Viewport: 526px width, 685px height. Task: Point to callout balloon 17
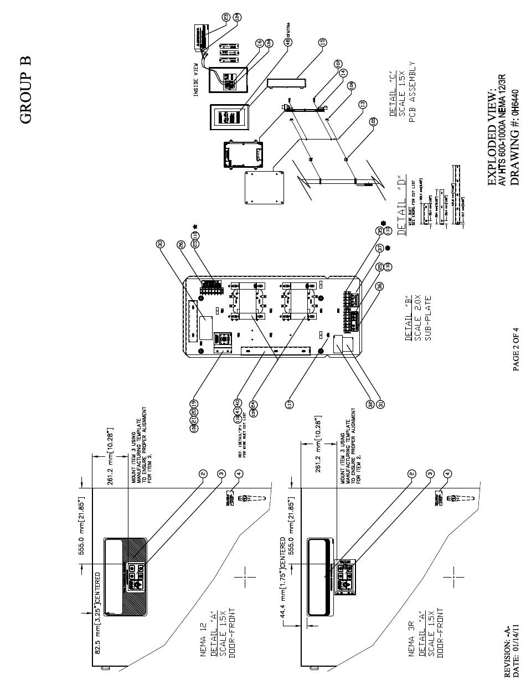pos(289,404)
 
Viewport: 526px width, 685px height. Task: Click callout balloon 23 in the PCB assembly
pos(226,17)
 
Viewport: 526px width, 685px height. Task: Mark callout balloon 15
pos(323,42)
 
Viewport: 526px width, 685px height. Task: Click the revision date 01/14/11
pos(515,648)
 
